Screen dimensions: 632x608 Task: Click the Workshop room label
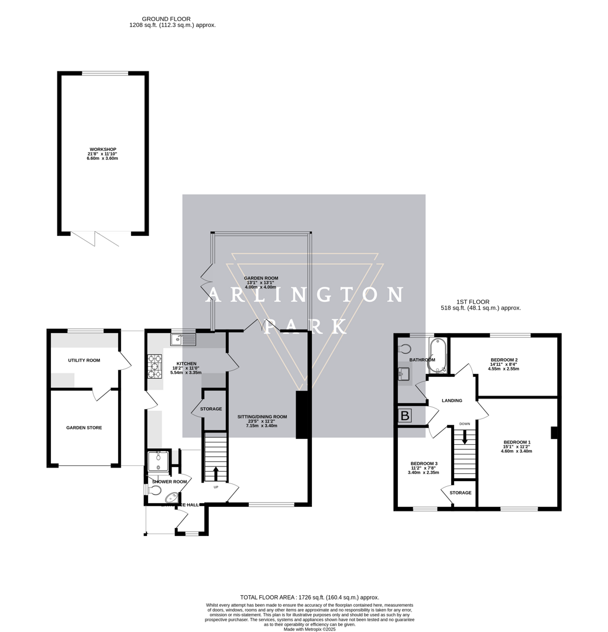click(102, 149)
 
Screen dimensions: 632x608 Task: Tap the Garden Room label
click(261, 278)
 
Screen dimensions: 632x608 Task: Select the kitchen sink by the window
click(183, 338)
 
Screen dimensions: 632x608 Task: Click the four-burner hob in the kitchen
click(155, 367)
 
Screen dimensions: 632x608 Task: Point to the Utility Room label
click(84, 360)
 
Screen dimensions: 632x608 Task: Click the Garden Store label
click(84, 428)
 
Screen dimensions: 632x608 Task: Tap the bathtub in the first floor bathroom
click(437, 355)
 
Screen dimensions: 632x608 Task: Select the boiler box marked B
click(405, 416)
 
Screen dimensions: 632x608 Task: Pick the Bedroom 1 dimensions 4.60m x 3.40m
click(516, 451)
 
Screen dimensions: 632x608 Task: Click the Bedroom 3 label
click(424, 463)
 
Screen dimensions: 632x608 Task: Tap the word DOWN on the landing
click(465, 424)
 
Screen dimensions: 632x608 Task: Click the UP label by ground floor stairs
click(215, 487)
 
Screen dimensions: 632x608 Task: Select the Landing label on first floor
click(452, 401)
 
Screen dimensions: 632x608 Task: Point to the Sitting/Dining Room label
click(262, 417)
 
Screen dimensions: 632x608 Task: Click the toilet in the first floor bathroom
click(405, 349)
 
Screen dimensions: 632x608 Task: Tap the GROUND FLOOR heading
click(166, 19)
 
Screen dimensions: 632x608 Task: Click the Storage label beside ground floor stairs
click(211, 409)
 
